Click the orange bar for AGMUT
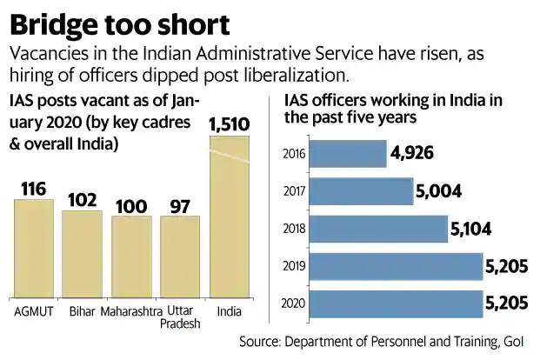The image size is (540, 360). (x=34, y=250)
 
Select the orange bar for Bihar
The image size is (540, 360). (x=83, y=255)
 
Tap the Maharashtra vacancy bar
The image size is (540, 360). (x=130, y=257)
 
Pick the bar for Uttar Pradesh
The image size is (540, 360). (x=180, y=258)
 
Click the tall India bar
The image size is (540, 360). (x=230, y=217)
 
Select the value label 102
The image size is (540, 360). (x=83, y=198)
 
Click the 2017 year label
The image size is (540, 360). (x=295, y=191)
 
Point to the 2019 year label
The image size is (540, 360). (x=295, y=266)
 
